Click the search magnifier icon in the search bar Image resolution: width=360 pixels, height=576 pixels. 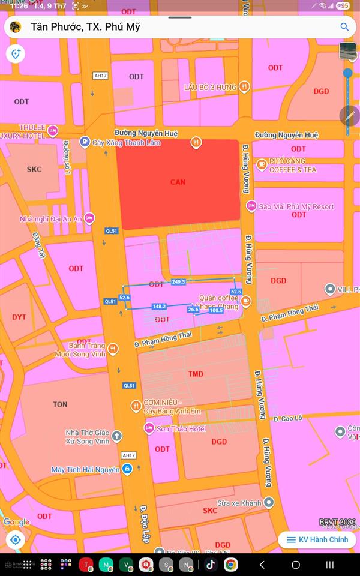[x=344, y=27]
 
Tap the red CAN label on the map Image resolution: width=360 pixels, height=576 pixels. [x=178, y=182]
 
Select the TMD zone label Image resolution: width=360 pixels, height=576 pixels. [x=196, y=374]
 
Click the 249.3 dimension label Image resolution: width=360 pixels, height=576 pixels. [x=178, y=281]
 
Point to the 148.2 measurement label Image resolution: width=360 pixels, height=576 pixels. [x=159, y=306]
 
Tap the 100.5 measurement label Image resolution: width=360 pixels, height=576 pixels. [x=216, y=310]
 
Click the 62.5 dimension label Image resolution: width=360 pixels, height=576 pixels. [x=236, y=292]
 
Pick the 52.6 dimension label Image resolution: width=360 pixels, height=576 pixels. [x=125, y=298]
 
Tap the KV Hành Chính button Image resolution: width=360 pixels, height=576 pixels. [x=317, y=539]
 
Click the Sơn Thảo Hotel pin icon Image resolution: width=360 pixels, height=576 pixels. [x=149, y=428]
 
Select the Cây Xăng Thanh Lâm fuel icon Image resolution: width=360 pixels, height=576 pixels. [x=85, y=142]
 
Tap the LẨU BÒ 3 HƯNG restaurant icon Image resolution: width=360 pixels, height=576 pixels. [x=244, y=87]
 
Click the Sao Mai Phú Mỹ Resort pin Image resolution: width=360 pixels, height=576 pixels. [x=251, y=206]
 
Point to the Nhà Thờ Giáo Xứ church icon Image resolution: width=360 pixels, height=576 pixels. [x=117, y=436]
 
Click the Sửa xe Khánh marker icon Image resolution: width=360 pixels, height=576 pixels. [x=269, y=502]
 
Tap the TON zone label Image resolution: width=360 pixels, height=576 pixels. [x=60, y=404]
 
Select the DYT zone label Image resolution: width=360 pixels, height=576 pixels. [x=19, y=317]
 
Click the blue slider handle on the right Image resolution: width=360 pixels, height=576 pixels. [x=347, y=73]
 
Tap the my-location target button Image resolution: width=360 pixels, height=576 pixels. [x=16, y=539]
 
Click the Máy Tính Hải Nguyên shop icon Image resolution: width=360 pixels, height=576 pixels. [x=127, y=470]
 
